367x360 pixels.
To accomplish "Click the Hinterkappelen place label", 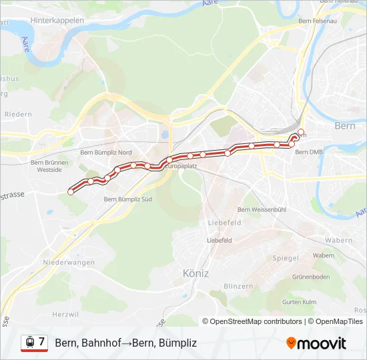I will (57, 21).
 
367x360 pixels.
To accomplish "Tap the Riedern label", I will (18, 114).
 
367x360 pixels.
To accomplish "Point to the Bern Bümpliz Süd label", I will (128, 199).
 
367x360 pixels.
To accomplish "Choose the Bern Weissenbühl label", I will (262, 210).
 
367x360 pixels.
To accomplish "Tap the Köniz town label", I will (196, 273).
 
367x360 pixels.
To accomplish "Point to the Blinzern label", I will (238, 286).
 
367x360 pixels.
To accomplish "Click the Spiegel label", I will (286, 257).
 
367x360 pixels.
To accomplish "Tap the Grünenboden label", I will (311, 277).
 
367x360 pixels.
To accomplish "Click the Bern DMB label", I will (309, 152).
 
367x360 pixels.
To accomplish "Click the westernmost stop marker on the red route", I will (71, 192).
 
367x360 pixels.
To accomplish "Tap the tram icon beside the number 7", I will (29, 343).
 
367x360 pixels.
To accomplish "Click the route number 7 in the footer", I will (42, 342).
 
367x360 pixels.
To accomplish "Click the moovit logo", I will (316, 343).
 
